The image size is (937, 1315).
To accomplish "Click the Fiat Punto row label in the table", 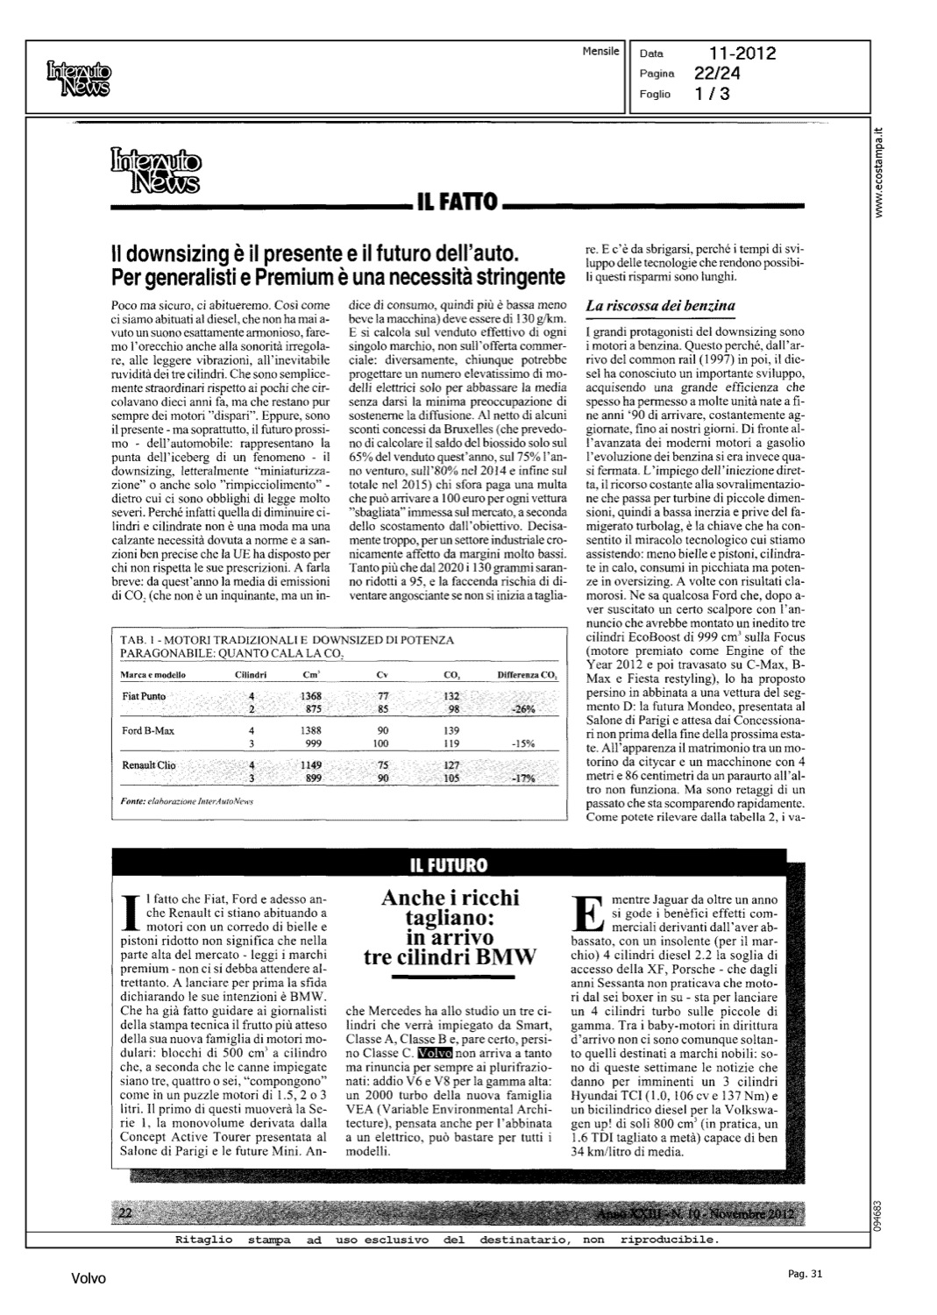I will click(x=143, y=696).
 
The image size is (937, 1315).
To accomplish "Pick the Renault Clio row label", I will click(x=148, y=765).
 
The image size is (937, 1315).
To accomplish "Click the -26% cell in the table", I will click(x=522, y=709).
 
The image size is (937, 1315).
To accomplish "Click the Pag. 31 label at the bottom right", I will click(x=805, y=1274).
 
